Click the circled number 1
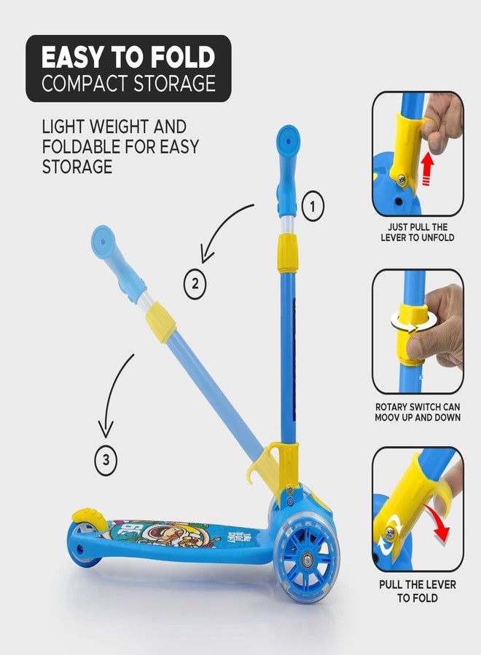pos(313,206)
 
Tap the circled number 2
pos(194,284)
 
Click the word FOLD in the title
pos(179,57)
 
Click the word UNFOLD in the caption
pos(436,238)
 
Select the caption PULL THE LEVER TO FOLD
pos(418,591)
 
